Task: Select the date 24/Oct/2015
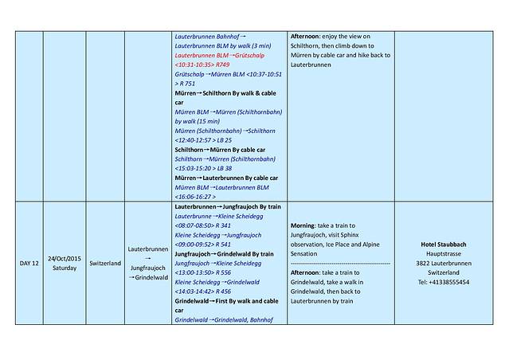pyautogui.click(x=64, y=258)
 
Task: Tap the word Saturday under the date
pyautogui.click(x=64, y=268)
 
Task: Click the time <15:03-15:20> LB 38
pyautogui.click(x=203, y=168)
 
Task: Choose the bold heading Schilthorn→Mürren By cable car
pyautogui.click(x=220, y=150)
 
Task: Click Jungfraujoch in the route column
pyautogui.click(x=147, y=268)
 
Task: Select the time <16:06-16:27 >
pyautogui.click(x=196, y=196)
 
